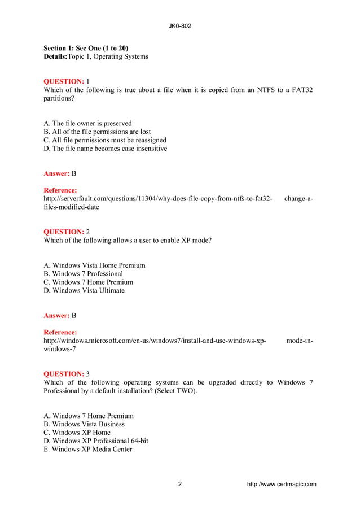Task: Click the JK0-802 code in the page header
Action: (x=179, y=26)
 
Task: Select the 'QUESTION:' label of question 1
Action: (x=64, y=81)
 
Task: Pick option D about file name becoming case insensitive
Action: (x=105, y=149)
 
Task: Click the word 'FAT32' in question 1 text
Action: (x=302, y=90)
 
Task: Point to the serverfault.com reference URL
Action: (x=158, y=199)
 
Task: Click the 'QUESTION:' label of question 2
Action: (x=64, y=232)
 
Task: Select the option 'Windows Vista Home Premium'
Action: (x=94, y=265)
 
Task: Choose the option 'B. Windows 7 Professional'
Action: (x=83, y=274)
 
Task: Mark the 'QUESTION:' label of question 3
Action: (x=64, y=374)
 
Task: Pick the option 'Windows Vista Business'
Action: (x=84, y=424)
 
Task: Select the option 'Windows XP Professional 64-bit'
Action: (x=96, y=441)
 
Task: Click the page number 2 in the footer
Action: (x=180, y=484)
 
